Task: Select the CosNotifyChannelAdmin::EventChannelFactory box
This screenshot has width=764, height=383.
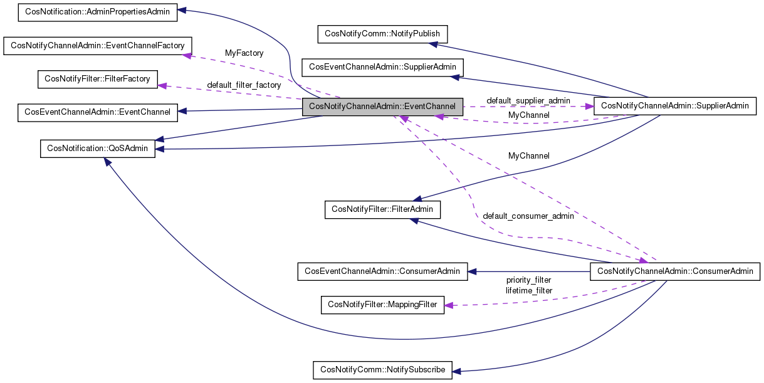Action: tap(98, 46)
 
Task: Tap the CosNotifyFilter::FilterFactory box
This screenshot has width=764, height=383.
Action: tap(98, 80)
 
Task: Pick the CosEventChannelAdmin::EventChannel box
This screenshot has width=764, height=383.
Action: tap(97, 112)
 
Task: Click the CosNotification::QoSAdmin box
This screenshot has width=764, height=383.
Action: tap(97, 149)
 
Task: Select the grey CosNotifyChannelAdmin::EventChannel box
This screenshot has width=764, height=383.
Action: tap(382, 107)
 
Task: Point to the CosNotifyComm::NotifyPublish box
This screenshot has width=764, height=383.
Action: tap(382, 34)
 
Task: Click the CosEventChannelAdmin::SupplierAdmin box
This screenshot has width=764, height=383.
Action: tap(382, 67)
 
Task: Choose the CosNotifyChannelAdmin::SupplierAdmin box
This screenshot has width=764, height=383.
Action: tap(674, 105)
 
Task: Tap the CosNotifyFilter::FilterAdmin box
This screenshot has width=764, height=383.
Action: tap(382, 209)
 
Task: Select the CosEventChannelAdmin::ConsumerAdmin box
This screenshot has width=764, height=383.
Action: tap(382, 271)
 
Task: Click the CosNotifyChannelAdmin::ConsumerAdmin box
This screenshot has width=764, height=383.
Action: tap(675, 271)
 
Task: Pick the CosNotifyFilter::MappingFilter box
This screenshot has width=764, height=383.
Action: tap(382, 305)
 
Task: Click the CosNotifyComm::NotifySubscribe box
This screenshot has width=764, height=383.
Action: tap(382, 370)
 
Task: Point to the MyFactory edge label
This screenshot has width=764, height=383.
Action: tap(244, 53)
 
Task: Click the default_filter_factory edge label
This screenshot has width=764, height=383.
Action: tap(244, 85)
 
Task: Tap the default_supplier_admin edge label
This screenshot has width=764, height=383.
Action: tap(528, 100)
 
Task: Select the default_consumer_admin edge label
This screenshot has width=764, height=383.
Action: tap(528, 216)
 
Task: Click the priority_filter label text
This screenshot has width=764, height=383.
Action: tap(528, 280)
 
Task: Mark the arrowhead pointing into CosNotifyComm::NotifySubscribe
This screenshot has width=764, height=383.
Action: tap(456, 371)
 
